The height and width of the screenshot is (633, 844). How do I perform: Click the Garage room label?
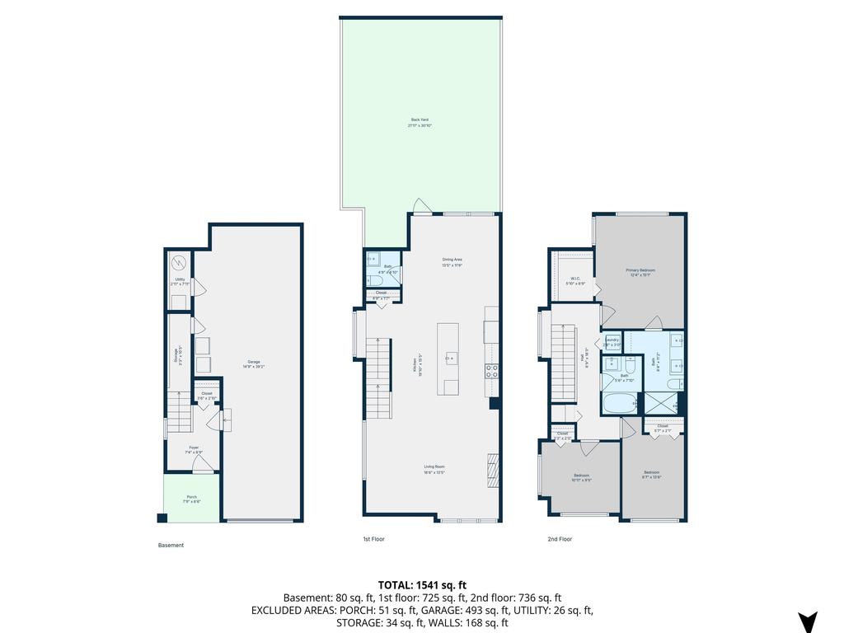(253, 364)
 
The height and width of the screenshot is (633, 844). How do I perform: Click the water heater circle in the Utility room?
(179, 263)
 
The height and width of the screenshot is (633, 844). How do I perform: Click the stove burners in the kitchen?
(492, 370)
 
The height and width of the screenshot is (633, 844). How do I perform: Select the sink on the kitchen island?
(450, 358)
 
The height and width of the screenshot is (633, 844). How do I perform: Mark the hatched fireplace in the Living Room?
(493, 471)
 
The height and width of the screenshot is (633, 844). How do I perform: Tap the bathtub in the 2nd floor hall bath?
(618, 404)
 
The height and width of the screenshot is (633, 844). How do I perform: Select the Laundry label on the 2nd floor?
(612, 340)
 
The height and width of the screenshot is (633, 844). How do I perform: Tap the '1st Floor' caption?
(373, 539)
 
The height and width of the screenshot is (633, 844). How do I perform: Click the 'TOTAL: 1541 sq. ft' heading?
(422, 585)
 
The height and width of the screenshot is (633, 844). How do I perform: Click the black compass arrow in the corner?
(807, 621)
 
